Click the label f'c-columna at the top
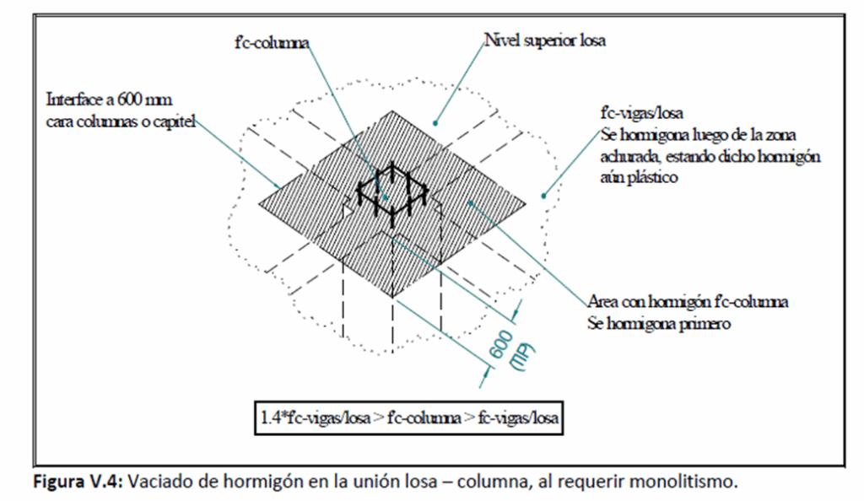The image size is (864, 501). coord(272,43)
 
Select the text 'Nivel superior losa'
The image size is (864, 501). coord(545,40)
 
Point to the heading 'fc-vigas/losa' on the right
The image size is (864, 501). coord(642,113)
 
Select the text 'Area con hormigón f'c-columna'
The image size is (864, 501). coord(688,302)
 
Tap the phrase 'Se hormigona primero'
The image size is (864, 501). coord(659,323)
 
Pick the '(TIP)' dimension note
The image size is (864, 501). coord(523,358)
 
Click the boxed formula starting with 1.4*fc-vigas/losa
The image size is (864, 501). coord(409,417)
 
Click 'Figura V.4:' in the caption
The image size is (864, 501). coord(78,482)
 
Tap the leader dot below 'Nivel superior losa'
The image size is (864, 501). coord(435,123)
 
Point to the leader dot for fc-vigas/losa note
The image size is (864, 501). coord(544,196)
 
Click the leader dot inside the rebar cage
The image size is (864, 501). coord(386,197)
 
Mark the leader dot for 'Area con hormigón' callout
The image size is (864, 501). coord(471,203)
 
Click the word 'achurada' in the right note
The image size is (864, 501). coord(630,156)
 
